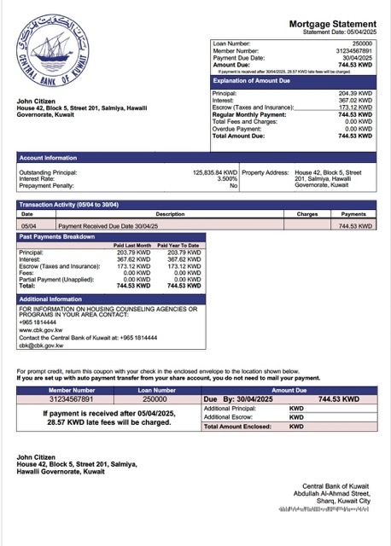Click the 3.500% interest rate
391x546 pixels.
[x=227, y=178]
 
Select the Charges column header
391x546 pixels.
[x=307, y=213]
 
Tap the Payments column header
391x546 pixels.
[x=353, y=213]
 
